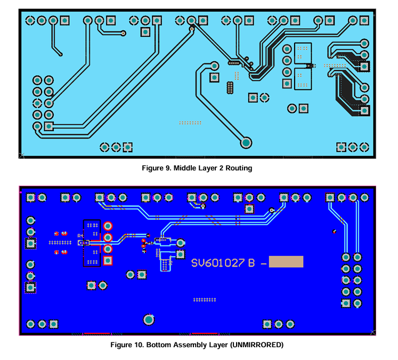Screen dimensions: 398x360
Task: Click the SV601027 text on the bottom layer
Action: coord(218,263)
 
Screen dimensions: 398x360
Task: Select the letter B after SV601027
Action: coord(251,263)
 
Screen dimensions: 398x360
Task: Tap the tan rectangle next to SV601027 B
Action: coord(286,261)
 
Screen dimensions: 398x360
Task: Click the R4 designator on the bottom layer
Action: coord(80,236)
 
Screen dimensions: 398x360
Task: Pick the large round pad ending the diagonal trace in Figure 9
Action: coord(246,143)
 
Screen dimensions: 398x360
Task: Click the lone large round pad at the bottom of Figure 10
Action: coord(149,320)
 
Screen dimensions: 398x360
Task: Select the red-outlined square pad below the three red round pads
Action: coord(108,260)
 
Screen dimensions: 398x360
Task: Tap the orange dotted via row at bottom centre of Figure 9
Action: coord(190,123)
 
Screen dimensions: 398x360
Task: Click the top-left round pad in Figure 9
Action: coord(30,20)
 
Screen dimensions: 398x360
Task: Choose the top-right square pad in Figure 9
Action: coord(364,20)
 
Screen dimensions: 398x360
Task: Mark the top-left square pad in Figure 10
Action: coord(30,197)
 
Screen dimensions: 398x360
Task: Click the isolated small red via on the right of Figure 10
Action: coord(334,231)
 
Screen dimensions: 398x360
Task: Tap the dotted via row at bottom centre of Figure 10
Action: coord(205,300)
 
